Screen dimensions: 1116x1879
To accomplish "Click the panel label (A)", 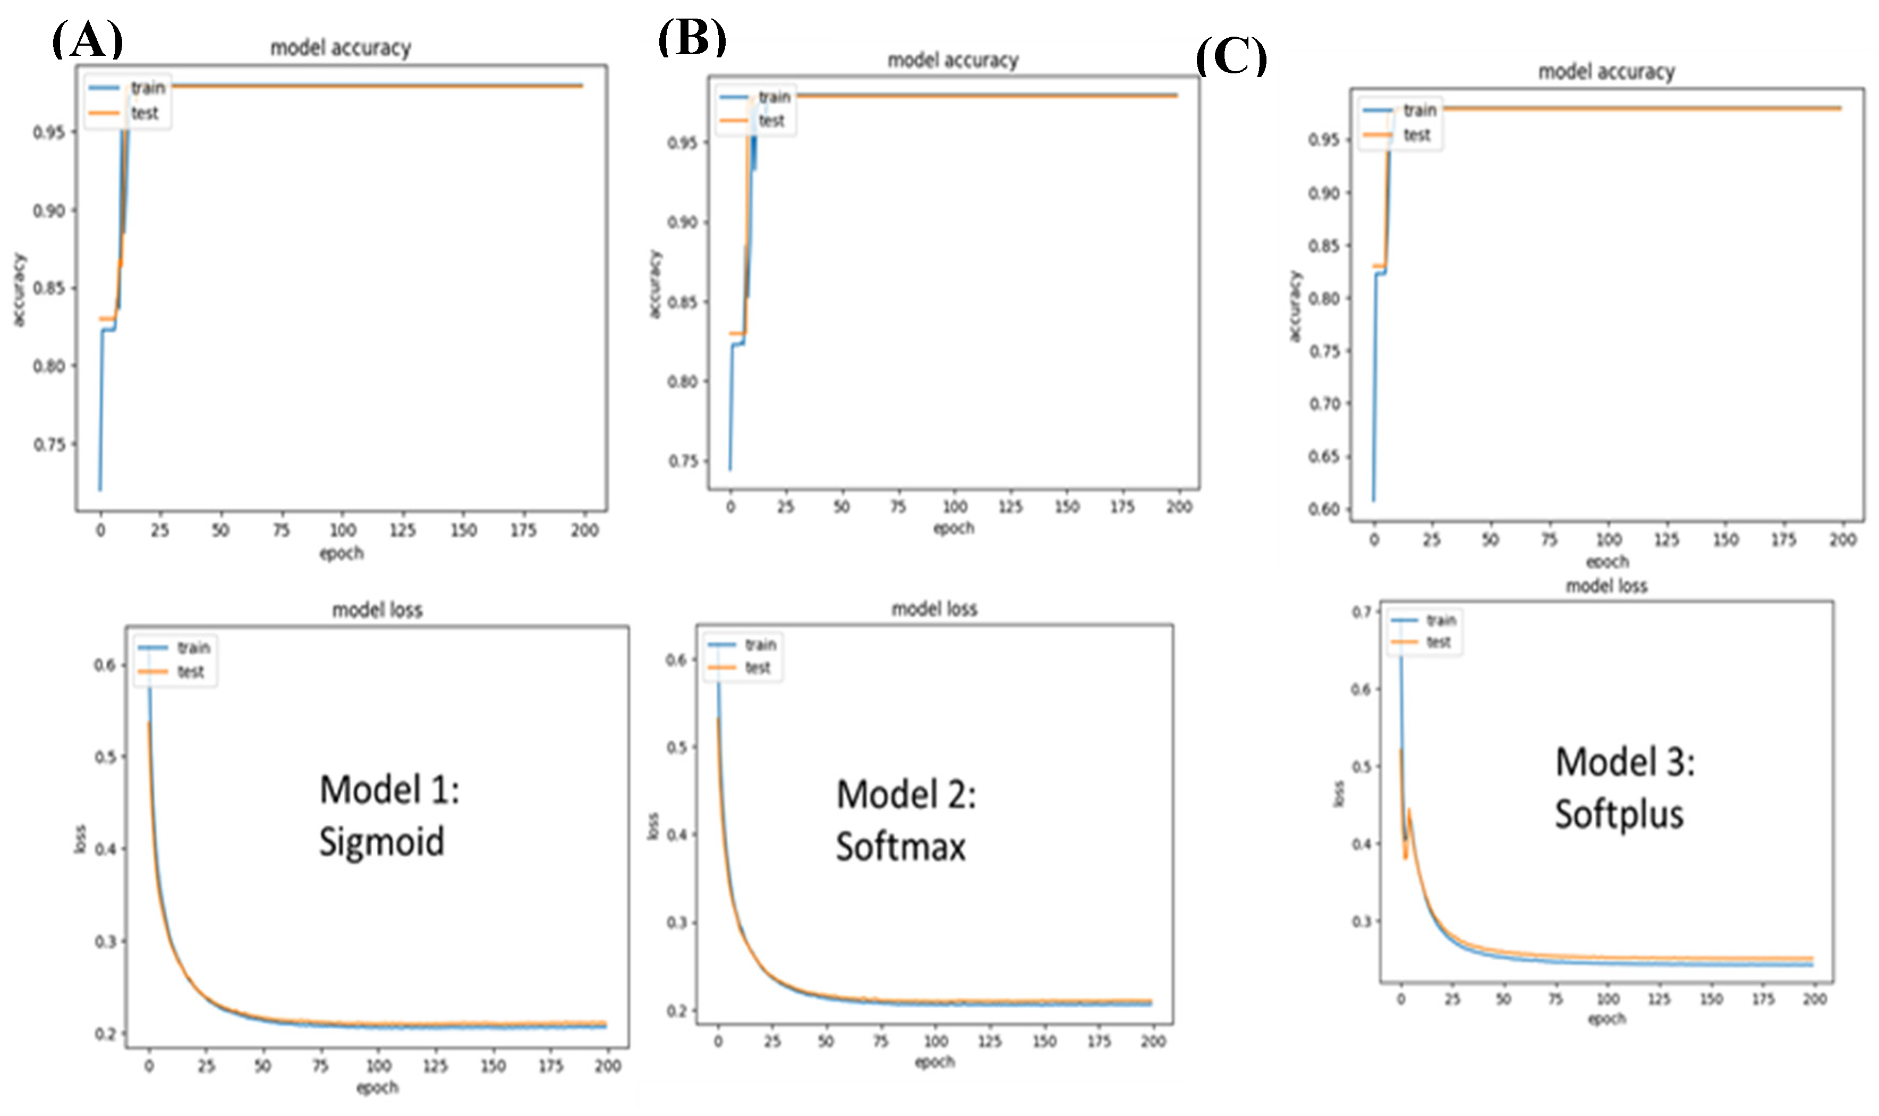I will (87, 39).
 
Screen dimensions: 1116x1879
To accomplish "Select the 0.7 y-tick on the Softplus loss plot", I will (1361, 611).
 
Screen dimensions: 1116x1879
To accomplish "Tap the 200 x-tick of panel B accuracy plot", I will (1178, 507).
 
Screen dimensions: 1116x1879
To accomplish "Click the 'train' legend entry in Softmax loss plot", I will (760, 645).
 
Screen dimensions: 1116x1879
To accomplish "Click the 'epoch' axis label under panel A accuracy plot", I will (341, 554).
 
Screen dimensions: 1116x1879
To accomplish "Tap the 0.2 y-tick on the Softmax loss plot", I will (676, 1010).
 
